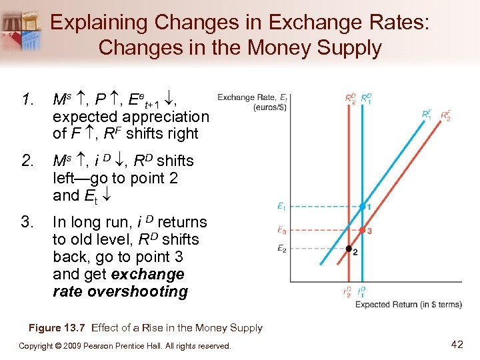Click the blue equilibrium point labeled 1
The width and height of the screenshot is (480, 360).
tap(362, 207)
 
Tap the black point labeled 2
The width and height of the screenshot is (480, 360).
tap(348, 249)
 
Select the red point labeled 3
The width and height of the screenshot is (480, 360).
tap(362, 231)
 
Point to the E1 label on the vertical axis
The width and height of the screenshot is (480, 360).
tap(283, 207)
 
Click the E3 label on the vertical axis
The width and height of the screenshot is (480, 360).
tap(283, 231)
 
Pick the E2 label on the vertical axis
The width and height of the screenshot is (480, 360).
tap(283, 249)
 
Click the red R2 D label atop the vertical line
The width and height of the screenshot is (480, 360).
tap(351, 99)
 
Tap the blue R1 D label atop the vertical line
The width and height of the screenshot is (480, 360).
tap(366, 99)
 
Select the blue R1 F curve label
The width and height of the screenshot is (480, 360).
tap(427, 114)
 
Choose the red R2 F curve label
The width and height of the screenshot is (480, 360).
tap(445, 116)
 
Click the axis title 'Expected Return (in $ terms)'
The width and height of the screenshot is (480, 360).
tap(408, 305)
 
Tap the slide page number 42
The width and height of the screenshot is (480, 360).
tap(457, 344)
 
